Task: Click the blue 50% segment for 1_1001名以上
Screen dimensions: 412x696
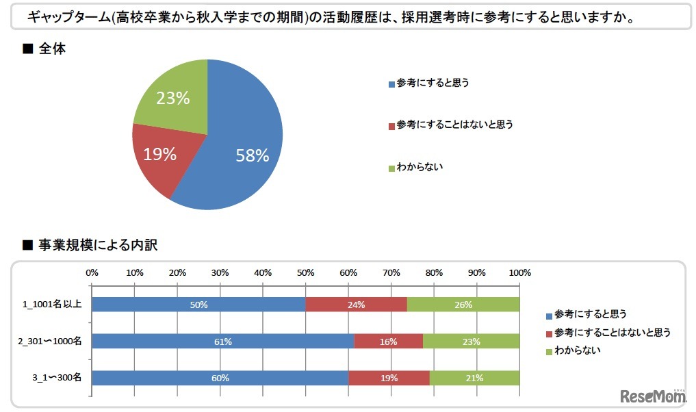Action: (x=198, y=305)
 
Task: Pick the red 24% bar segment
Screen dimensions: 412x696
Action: (x=356, y=305)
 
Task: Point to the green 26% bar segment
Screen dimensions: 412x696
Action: (x=463, y=305)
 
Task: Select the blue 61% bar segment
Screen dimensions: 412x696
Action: (x=223, y=341)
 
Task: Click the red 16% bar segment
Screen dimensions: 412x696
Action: (x=388, y=341)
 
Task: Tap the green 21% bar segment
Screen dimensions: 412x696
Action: (x=474, y=377)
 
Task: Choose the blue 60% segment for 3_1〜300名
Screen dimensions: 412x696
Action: (x=220, y=377)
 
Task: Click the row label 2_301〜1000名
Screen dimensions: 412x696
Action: (x=51, y=341)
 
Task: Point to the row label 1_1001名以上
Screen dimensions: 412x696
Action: (x=53, y=305)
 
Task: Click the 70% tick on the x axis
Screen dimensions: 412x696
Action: (x=391, y=272)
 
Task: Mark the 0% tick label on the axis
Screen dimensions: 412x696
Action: (x=92, y=272)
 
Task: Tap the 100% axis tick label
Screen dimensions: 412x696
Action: (x=519, y=272)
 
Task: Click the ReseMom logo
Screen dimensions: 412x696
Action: (x=654, y=395)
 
